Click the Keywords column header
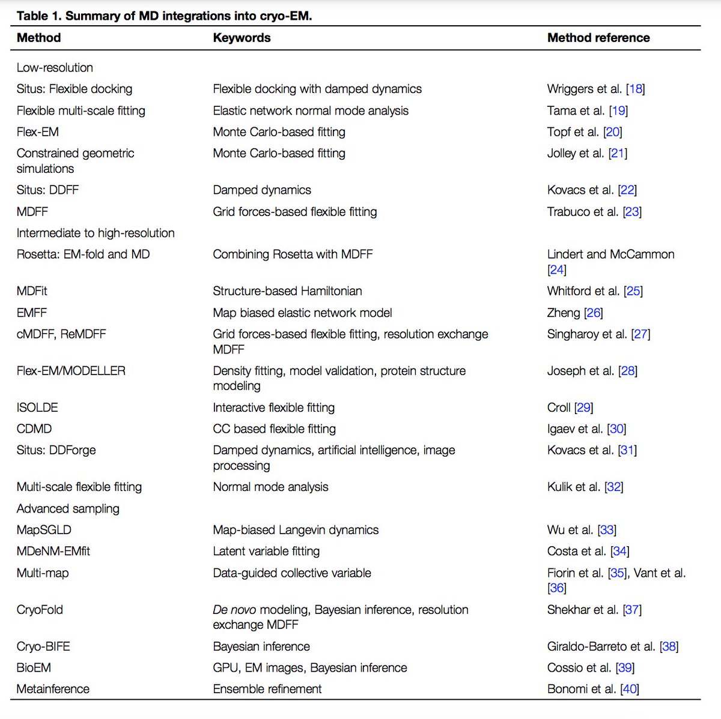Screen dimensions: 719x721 (x=242, y=38)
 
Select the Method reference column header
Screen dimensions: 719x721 (x=598, y=38)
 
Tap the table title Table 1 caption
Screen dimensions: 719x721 (x=164, y=16)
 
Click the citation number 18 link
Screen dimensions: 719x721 (x=635, y=89)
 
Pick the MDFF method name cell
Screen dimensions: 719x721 (x=32, y=211)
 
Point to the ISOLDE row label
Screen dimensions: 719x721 (x=37, y=408)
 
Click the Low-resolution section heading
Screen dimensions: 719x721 (x=55, y=68)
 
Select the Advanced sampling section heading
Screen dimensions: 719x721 (x=68, y=508)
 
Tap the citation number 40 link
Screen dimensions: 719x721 (x=630, y=689)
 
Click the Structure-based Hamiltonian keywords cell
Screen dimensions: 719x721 (x=287, y=291)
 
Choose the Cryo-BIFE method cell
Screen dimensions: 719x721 (x=43, y=646)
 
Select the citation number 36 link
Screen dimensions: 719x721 (x=557, y=588)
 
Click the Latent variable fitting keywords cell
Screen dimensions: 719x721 (x=266, y=551)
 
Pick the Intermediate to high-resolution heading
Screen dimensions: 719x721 (x=96, y=233)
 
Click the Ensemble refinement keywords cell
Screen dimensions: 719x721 (x=267, y=689)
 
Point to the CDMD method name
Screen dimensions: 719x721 (x=34, y=429)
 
